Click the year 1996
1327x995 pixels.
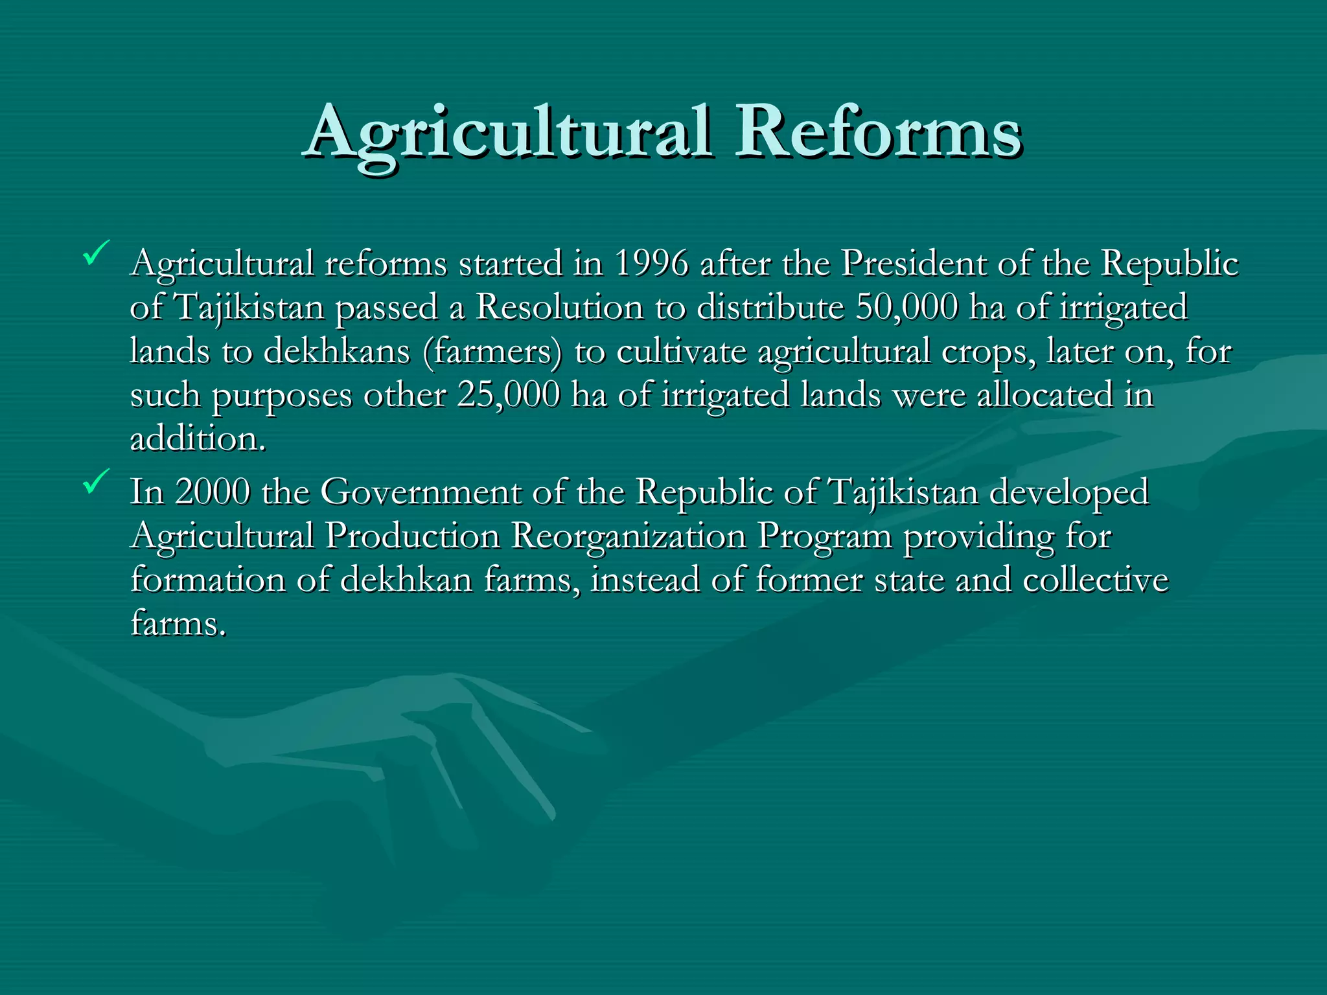(651, 264)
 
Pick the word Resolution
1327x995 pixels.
(559, 308)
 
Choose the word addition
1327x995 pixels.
(198, 439)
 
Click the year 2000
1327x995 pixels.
(212, 492)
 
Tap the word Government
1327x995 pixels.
(421, 492)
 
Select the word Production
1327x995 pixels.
(413, 536)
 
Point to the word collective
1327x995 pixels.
(1096, 579)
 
